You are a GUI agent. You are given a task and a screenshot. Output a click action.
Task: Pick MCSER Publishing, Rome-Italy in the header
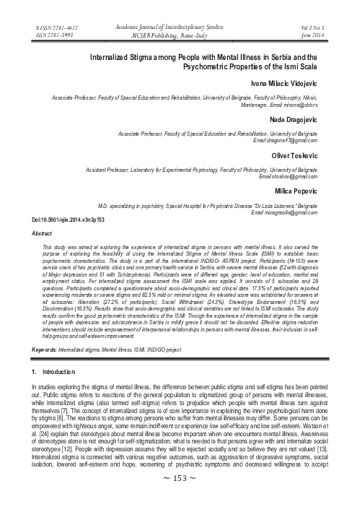[x=180, y=32]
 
